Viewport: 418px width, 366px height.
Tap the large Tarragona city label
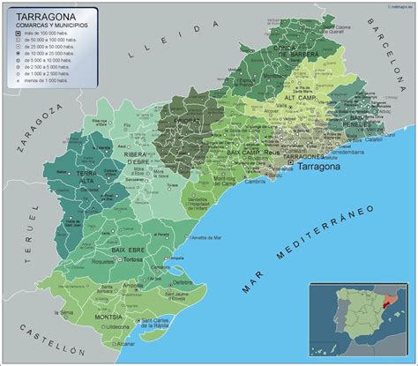(324, 166)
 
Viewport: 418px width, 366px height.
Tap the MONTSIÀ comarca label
(108, 317)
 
